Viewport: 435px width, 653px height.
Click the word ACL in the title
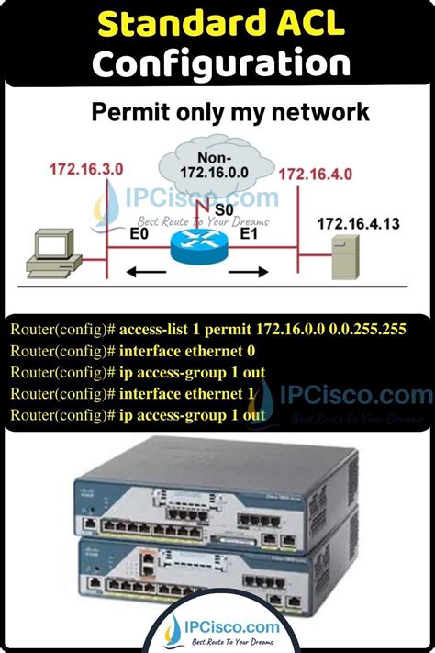point(301,23)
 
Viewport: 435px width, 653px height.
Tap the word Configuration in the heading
point(221,62)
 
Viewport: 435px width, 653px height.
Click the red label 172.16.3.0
point(86,170)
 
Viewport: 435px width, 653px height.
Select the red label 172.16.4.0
point(316,174)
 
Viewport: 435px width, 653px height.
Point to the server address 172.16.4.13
point(358,223)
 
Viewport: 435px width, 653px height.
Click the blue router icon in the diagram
point(199,246)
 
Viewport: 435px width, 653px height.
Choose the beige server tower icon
point(345,256)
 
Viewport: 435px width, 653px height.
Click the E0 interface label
point(139,233)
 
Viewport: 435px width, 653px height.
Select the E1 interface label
point(249,233)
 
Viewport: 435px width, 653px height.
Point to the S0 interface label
point(224,210)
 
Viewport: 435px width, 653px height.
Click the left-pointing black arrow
point(146,273)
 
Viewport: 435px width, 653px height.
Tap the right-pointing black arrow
point(249,273)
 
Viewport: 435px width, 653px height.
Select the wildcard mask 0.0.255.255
point(368,330)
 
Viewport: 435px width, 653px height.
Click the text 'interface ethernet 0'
point(187,351)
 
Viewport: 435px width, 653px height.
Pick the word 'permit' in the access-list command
point(229,330)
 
